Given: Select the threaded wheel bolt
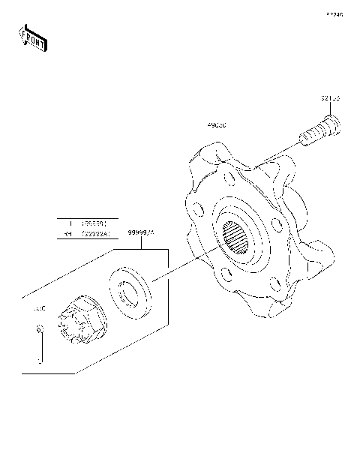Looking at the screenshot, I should pyautogui.click(x=321, y=133).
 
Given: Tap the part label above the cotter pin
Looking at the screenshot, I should pyautogui.click(x=37, y=308).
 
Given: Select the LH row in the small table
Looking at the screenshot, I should pyautogui.click(x=88, y=223).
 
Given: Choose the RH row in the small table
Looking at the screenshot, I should pyautogui.click(x=88, y=234).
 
